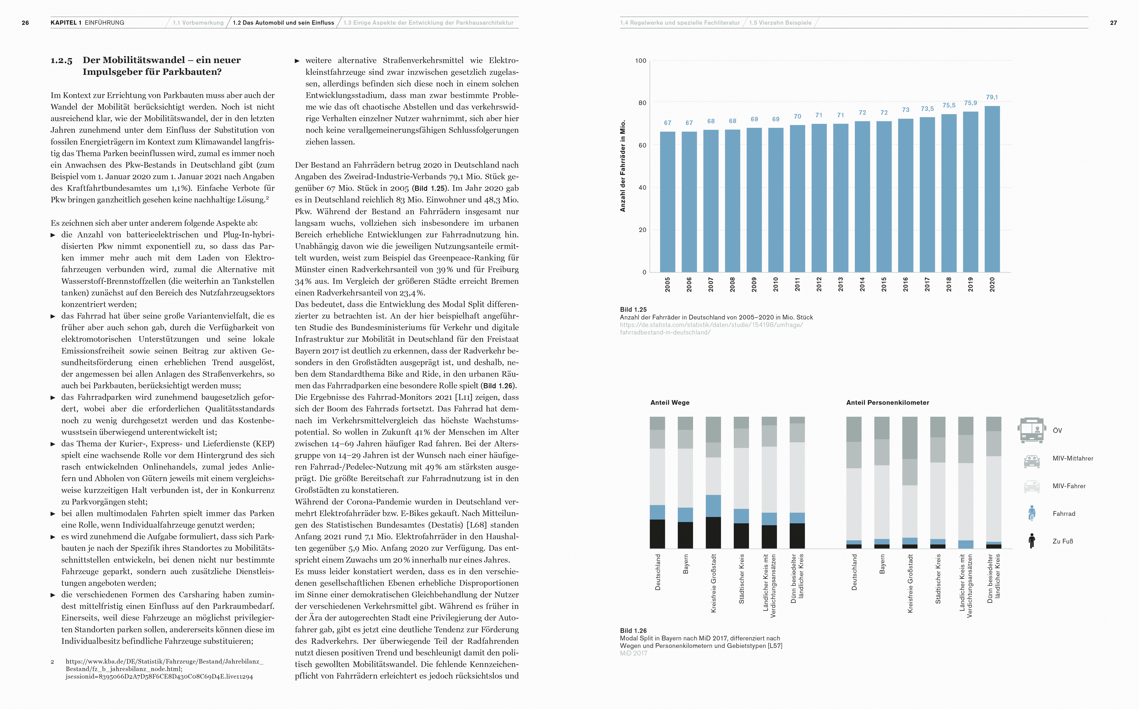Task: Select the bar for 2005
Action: [x=668, y=202]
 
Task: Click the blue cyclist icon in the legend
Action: [x=1032, y=513]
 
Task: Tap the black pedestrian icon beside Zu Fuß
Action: [x=1032, y=541]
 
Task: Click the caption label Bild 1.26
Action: [x=633, y=631]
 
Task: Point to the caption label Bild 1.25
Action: [x=633, y=310]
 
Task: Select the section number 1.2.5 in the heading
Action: [x=62, y=60]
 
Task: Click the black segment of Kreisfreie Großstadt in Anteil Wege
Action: [x=713, y=533]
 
